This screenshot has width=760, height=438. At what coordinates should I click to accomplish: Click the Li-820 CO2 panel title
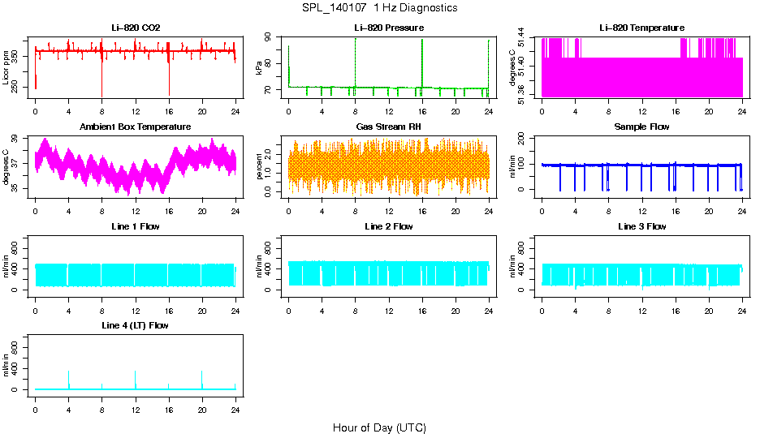click(x=136, y=28)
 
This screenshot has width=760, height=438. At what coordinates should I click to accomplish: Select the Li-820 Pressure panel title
click(x=388, y=28)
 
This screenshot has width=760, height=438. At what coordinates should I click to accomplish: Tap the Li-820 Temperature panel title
click(x=641, y=28)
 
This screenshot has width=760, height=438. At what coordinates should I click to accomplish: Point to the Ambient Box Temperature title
click(x=136, y=127)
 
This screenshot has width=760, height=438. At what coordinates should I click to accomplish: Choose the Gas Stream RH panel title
click(x=388, y=127)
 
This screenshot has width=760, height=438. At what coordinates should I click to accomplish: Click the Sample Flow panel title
click(x=641, y=127)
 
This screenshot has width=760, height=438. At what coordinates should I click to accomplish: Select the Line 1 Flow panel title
click(x=136, y=226)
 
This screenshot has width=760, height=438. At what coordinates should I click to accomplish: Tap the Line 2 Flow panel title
click(x=388, y=226)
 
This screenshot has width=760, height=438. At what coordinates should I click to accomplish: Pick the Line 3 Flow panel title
click(x=641, y=226)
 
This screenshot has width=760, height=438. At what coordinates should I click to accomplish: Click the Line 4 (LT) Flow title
click(x=136, y=325)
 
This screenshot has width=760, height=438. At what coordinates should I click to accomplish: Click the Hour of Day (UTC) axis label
click(x=379, y=427)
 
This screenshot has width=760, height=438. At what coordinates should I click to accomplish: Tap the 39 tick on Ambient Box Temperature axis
click(x=19, y=140)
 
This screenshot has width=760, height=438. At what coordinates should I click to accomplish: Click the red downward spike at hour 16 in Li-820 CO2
click(x=169, y=81)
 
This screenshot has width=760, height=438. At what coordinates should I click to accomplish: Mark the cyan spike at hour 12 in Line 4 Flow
click(x=136, y=378)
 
